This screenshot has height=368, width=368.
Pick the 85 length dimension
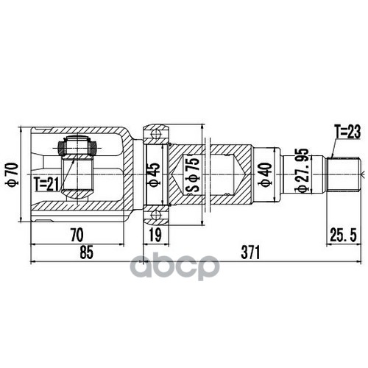[86, 254]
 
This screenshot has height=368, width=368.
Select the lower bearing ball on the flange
[155, 216]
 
